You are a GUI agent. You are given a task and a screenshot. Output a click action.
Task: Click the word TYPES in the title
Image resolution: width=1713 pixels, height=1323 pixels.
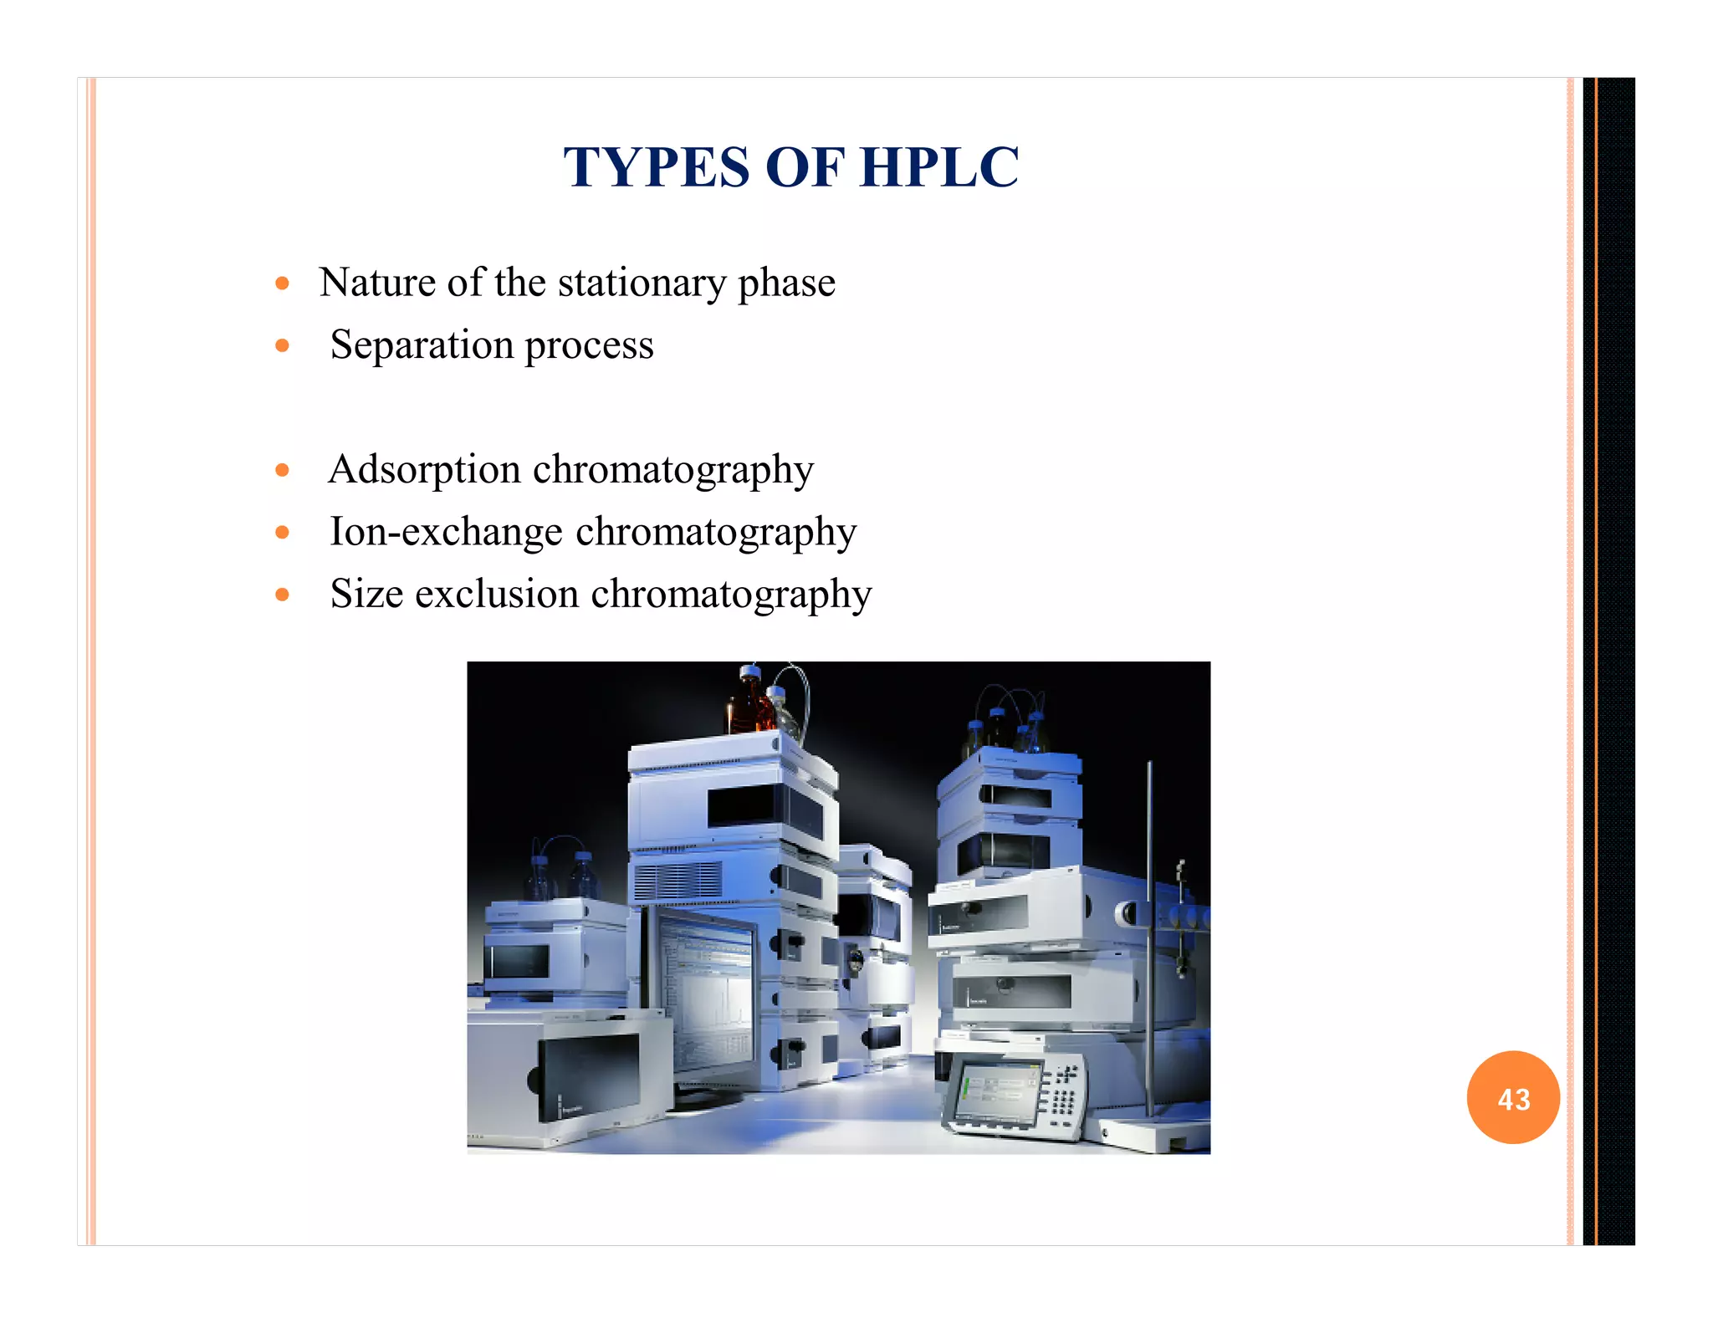tap(657, 167)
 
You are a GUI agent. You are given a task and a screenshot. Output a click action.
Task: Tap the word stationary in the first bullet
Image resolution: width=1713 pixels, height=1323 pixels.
tap(642, 283)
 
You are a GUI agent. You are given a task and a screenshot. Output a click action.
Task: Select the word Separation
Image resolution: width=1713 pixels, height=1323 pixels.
tap(422, 345)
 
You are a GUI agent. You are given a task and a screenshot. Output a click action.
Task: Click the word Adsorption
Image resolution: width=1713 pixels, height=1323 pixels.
tap(424, 470)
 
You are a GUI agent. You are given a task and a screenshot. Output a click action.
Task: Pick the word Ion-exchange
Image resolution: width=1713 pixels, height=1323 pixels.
tap(446, 532)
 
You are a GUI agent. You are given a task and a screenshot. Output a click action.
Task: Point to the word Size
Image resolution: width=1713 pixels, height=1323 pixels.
tap(366, 594)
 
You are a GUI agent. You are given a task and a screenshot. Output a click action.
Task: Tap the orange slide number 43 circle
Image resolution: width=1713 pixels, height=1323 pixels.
tap(1513, 1098)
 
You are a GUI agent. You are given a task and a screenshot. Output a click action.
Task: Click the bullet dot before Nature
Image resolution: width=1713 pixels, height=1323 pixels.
tap(283, 283)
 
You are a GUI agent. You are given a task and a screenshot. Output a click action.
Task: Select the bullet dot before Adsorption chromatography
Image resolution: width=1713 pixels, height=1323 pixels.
tap(283, 470)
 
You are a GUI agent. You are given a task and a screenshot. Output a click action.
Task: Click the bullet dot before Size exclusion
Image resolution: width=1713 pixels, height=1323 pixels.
tap(283, 595)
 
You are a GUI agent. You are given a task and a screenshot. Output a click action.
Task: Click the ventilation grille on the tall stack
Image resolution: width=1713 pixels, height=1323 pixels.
tap(678, 881)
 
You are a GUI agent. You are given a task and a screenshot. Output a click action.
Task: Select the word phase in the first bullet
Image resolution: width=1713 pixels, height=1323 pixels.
tap(786, 283)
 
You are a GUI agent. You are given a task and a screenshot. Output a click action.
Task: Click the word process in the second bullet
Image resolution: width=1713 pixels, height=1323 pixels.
tap(589, 345)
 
